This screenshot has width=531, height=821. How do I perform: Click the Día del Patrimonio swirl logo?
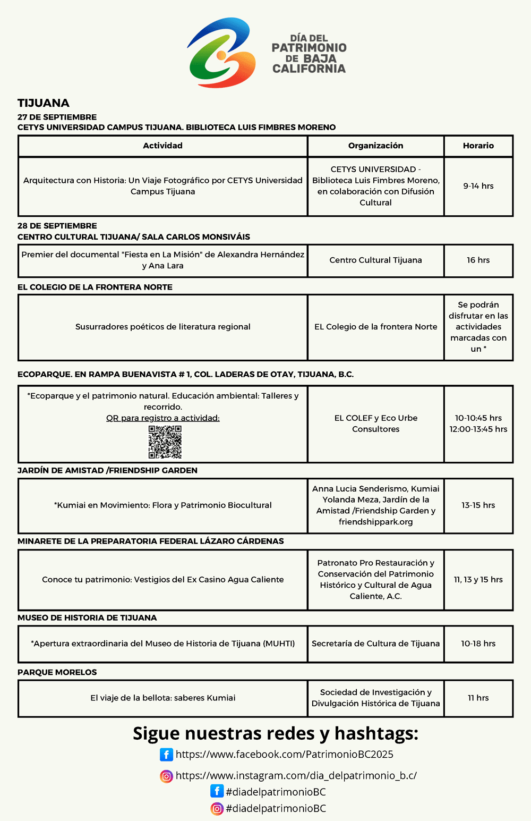[x=221, y=53]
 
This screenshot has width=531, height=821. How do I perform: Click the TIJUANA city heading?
[x=44, y=103]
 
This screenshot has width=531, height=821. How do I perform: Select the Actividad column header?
[x=162, y=146]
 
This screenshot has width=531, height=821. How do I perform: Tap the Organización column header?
[x=375, y=146]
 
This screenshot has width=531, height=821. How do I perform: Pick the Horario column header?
[x=478, y=146]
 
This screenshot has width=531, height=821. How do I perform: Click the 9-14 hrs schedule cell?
[x=478, y=186]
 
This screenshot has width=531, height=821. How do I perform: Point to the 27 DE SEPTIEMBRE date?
[x=57, y=117]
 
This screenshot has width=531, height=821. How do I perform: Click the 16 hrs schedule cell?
[x=478, y=260]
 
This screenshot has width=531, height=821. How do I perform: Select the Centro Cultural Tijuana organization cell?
[x=375, y=260]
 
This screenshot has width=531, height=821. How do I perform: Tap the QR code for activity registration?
[x=165, y=442]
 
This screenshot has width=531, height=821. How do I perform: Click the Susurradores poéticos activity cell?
[x=162, y=327]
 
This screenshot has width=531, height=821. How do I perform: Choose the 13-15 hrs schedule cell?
[x=478, y=505]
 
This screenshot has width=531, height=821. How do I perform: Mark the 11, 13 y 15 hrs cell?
[x=478, y=579]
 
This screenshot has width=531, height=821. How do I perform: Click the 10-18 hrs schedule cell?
[x=478, y=644]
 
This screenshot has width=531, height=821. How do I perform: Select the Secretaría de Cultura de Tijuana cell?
[x=375, y=644]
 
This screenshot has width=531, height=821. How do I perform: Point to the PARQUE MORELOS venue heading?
[x=57, y=672]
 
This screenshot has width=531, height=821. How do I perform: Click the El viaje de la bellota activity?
[x=162, y=698]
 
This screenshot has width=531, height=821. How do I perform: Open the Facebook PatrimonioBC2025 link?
[x=284, y=755]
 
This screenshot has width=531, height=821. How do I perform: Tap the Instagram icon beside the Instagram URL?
[x=166, y=776]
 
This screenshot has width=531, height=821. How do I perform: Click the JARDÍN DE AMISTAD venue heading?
[x=107, y=470]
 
